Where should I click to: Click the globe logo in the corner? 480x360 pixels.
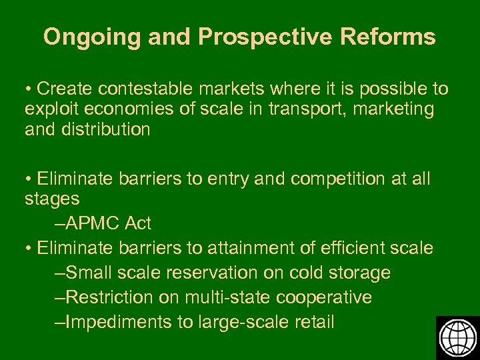[457, 337]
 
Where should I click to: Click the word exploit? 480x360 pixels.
[48, 109]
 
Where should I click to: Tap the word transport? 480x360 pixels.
[293, 109]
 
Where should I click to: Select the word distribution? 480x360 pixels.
[109, 129]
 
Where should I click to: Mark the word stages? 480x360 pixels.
[52, 199]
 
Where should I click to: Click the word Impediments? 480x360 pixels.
[119, 322]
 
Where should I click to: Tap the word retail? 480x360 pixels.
[313, 322]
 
